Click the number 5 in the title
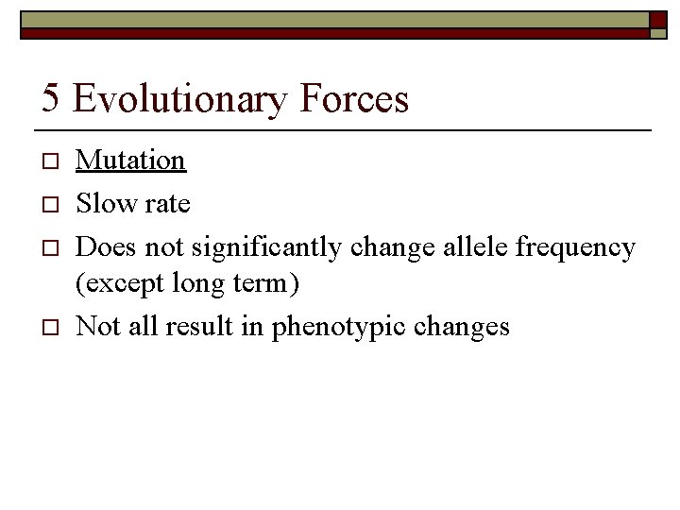click(x=52, y=99)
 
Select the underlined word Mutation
click(x=130, y=161)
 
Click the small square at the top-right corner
click(x=657, y=33)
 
